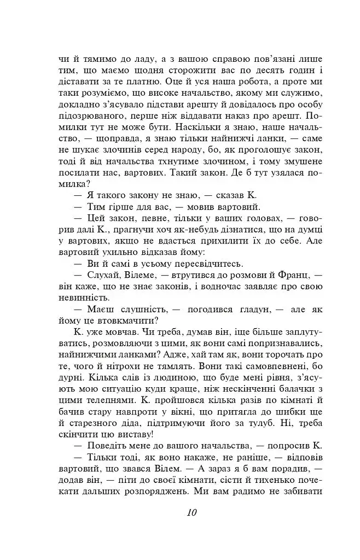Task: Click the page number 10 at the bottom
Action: [191, 512]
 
